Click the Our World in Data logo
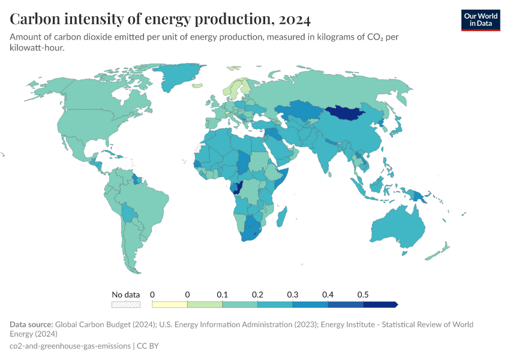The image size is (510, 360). [x=480, y=20]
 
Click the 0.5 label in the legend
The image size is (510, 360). [x=362, y=295]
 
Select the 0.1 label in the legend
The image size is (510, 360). [x=223, y=295]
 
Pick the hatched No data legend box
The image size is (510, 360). [x=126, y=304]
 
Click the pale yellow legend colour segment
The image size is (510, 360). [x=170, y=304]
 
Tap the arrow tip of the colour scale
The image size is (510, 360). [x=396, y=304]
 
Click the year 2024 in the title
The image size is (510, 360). [x=293, y=19]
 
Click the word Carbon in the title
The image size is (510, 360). [x=33, y=19]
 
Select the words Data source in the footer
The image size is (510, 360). [x=35, y=325]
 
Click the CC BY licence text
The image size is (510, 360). [x=148, y=346]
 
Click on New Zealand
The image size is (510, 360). [x=437, y=253]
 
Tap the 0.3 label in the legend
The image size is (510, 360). [x=292, y=295]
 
